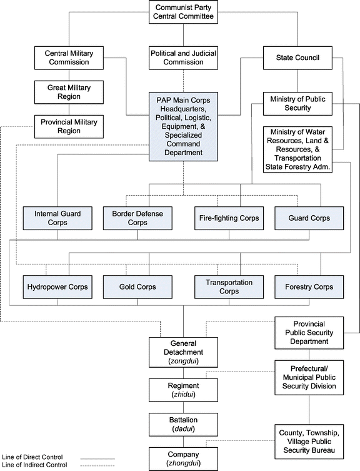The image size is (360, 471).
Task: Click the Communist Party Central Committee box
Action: pos(182,13)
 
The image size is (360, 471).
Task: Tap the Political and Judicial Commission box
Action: pos(182,58)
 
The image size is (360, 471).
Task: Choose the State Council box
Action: pos(297,58)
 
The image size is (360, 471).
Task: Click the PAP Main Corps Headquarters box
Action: pos(182,125)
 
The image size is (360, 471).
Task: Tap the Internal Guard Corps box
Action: pos(58,218)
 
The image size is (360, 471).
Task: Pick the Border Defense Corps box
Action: pos(138,218)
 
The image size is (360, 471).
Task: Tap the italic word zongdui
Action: pos(183,361)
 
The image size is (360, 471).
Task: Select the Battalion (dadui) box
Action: pos(183,424)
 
